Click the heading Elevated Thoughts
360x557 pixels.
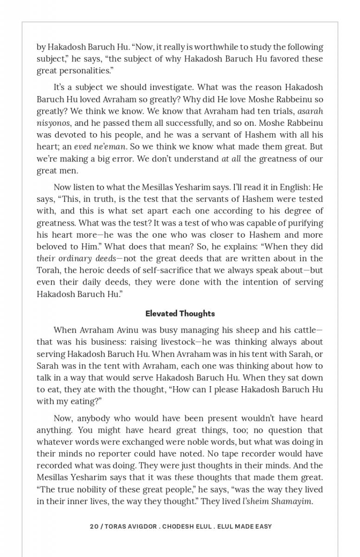[x=180, y=314]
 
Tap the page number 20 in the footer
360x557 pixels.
[x=94, y=526]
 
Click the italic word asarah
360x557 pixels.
[x=310, y=111]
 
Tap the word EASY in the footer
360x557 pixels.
[x=263, y=526]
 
